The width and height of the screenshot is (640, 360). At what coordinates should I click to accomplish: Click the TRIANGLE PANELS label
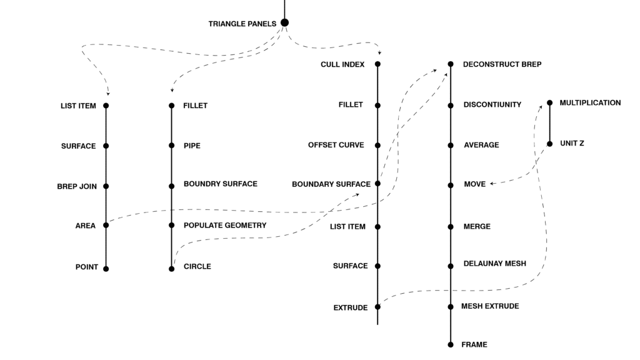click(242, 24)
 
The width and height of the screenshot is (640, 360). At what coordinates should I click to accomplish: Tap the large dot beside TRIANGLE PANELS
click(285, 23)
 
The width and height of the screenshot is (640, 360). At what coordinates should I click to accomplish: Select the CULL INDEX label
click(342, 64)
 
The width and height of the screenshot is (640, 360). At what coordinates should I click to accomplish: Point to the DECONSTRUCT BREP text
click(502, 64)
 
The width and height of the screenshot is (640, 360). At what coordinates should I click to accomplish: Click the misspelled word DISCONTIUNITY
click(492, 105)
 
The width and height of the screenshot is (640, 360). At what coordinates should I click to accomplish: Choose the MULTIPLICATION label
click(590, 102)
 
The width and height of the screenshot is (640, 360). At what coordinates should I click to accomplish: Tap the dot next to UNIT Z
click(550, 144)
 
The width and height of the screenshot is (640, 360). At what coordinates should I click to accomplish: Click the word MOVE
click(474, 185)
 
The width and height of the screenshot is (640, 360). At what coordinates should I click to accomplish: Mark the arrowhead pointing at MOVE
click(492, 184)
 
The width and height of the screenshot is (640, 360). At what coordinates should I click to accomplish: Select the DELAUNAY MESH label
click(494, 264)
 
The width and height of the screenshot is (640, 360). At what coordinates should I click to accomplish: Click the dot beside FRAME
click(451, 344)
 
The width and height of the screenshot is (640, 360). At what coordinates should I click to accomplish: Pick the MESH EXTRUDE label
click(490, 306)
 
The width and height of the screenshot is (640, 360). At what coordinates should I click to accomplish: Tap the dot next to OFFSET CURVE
click(378, 145)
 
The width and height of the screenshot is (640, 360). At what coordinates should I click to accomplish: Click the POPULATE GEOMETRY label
click(225, 225)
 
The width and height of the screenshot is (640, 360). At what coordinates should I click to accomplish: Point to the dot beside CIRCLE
click(172, 269)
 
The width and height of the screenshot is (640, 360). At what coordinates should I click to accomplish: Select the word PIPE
click(192, 146)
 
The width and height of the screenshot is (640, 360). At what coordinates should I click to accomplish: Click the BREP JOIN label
click(77, 186)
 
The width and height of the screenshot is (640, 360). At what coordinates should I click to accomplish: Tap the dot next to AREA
click(106, 225)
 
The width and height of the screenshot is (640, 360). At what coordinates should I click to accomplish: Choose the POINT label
click(87, 267)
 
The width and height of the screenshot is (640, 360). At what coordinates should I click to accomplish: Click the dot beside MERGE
click(451, 227)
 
